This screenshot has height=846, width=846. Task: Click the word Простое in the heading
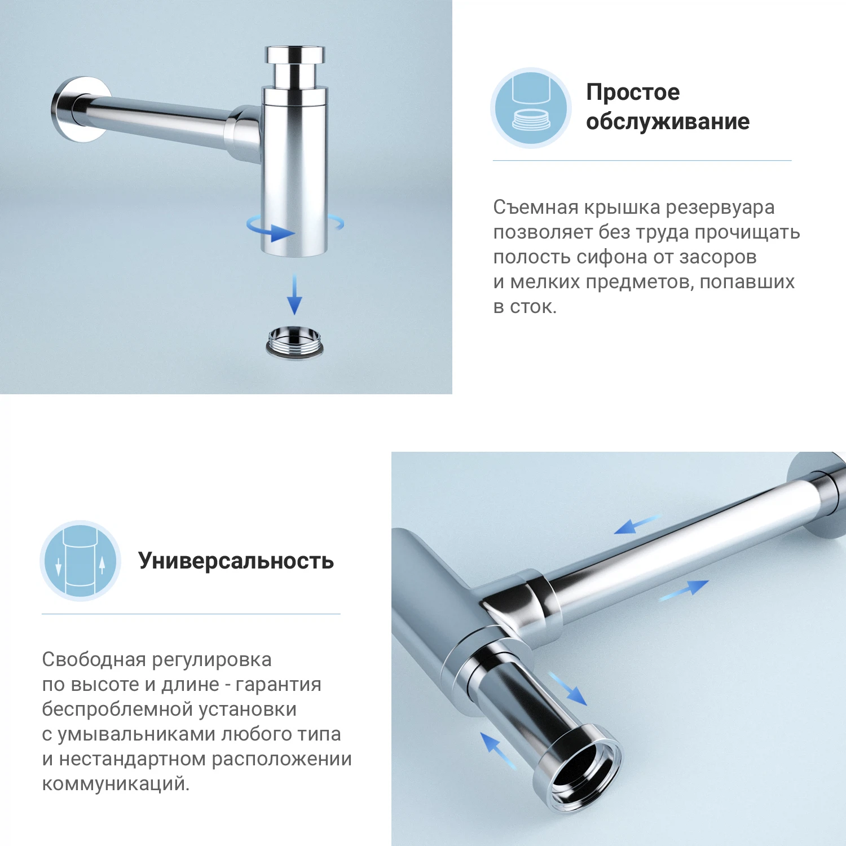coord(633,92)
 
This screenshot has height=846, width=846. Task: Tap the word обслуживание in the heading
coord(668,122)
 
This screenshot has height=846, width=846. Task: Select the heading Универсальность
coord(236,561)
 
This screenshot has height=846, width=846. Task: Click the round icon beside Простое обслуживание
coord(531,108)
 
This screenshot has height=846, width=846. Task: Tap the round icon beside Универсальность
coord(81,561)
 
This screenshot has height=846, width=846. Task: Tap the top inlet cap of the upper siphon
coord(295,55)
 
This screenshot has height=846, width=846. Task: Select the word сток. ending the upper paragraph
coord(533,307)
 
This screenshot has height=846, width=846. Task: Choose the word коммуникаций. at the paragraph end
coord(116,784)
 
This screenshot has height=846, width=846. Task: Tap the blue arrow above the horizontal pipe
coord(637,524)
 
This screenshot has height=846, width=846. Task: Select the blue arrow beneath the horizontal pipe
coord(684,590)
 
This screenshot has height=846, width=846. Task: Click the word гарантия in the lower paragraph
coord(278,685)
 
